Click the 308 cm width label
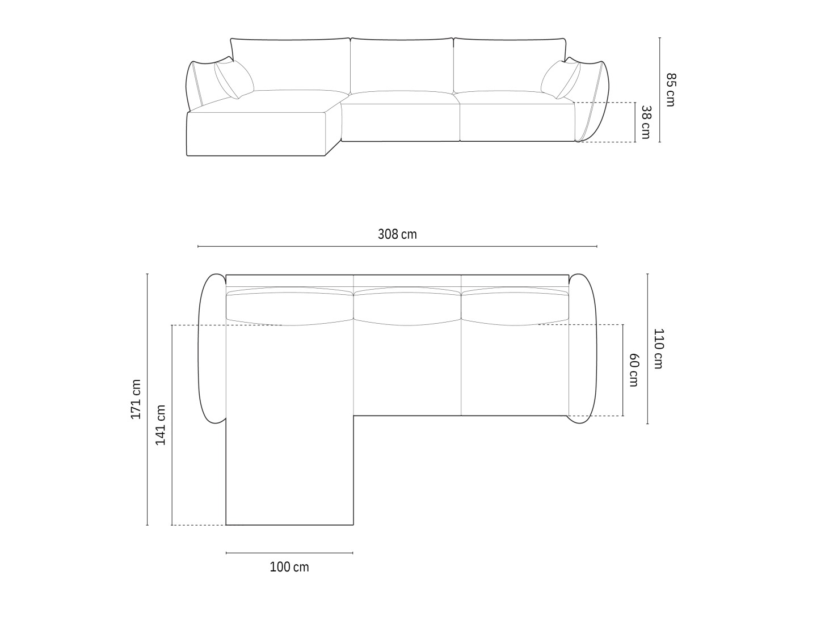[397, 234]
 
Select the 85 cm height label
[671, 90]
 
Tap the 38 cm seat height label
[646, 122]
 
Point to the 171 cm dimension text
[136, 399]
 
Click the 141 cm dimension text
[161, 425]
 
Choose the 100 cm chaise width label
[289, 567]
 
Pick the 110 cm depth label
[658, 349]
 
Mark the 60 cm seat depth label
[634, 370]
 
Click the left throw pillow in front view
[234, 79]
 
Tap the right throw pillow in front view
[560, 79]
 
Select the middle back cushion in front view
[402, 65]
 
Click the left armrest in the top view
[212, 349]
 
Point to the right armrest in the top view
[583, 349]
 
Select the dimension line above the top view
[397, 247]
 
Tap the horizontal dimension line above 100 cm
[289, 553]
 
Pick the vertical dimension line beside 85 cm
[659, 90]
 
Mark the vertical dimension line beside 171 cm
[148, 399]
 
